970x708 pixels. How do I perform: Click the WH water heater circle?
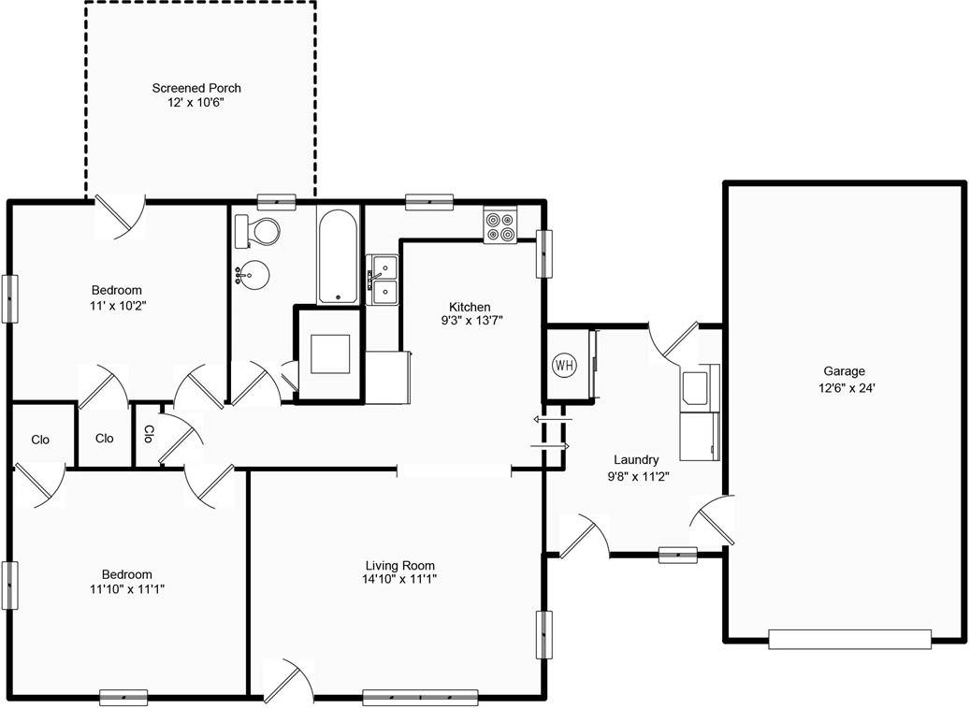[564, 365]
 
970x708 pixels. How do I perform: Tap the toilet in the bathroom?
[257, 231]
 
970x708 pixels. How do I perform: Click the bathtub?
[338, 254]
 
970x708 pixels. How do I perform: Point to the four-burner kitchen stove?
[500, 225]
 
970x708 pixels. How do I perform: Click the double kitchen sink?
[383, 280]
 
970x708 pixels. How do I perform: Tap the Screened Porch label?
[196, 89]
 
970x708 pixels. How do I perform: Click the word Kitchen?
[470, 307]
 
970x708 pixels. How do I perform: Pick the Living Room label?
[399, 565]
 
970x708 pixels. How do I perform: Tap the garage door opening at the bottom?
[849, 639]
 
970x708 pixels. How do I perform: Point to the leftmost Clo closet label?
[40, 440]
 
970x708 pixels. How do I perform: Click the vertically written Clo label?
[149, 433]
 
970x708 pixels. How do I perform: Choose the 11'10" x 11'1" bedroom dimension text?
[127, 588]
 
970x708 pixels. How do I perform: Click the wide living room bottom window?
[420, 698]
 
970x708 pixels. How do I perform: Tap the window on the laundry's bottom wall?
[677, 555]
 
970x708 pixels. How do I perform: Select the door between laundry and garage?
[713, 519]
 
